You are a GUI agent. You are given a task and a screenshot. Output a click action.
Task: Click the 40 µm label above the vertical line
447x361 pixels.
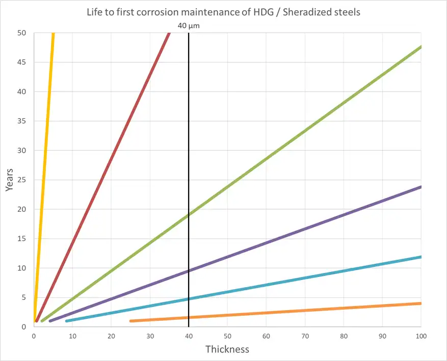click(188, 25)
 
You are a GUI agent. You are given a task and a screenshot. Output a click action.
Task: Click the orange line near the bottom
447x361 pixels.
click(306, 312)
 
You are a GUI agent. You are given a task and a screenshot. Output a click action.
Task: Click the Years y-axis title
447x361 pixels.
click(10, 179)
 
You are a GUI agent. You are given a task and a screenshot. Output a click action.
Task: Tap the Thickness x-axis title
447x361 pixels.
click(227, 349)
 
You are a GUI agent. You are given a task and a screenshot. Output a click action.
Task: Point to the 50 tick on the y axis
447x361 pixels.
click(22, 33)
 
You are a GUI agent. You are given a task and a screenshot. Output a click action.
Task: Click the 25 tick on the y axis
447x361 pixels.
click(22, 180)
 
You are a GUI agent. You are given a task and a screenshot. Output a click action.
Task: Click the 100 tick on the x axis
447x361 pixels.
click(421, 337)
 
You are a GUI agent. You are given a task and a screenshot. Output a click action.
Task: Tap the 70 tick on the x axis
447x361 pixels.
click(305, 337)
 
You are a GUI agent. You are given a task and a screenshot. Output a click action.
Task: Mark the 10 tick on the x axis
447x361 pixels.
click(72, 337)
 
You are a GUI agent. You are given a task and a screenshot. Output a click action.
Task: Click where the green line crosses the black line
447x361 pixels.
click(189, 214)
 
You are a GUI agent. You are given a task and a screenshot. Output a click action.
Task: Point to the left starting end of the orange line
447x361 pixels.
click(131, 321)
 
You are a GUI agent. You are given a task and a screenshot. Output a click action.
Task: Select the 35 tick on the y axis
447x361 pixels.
click(22, 121)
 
